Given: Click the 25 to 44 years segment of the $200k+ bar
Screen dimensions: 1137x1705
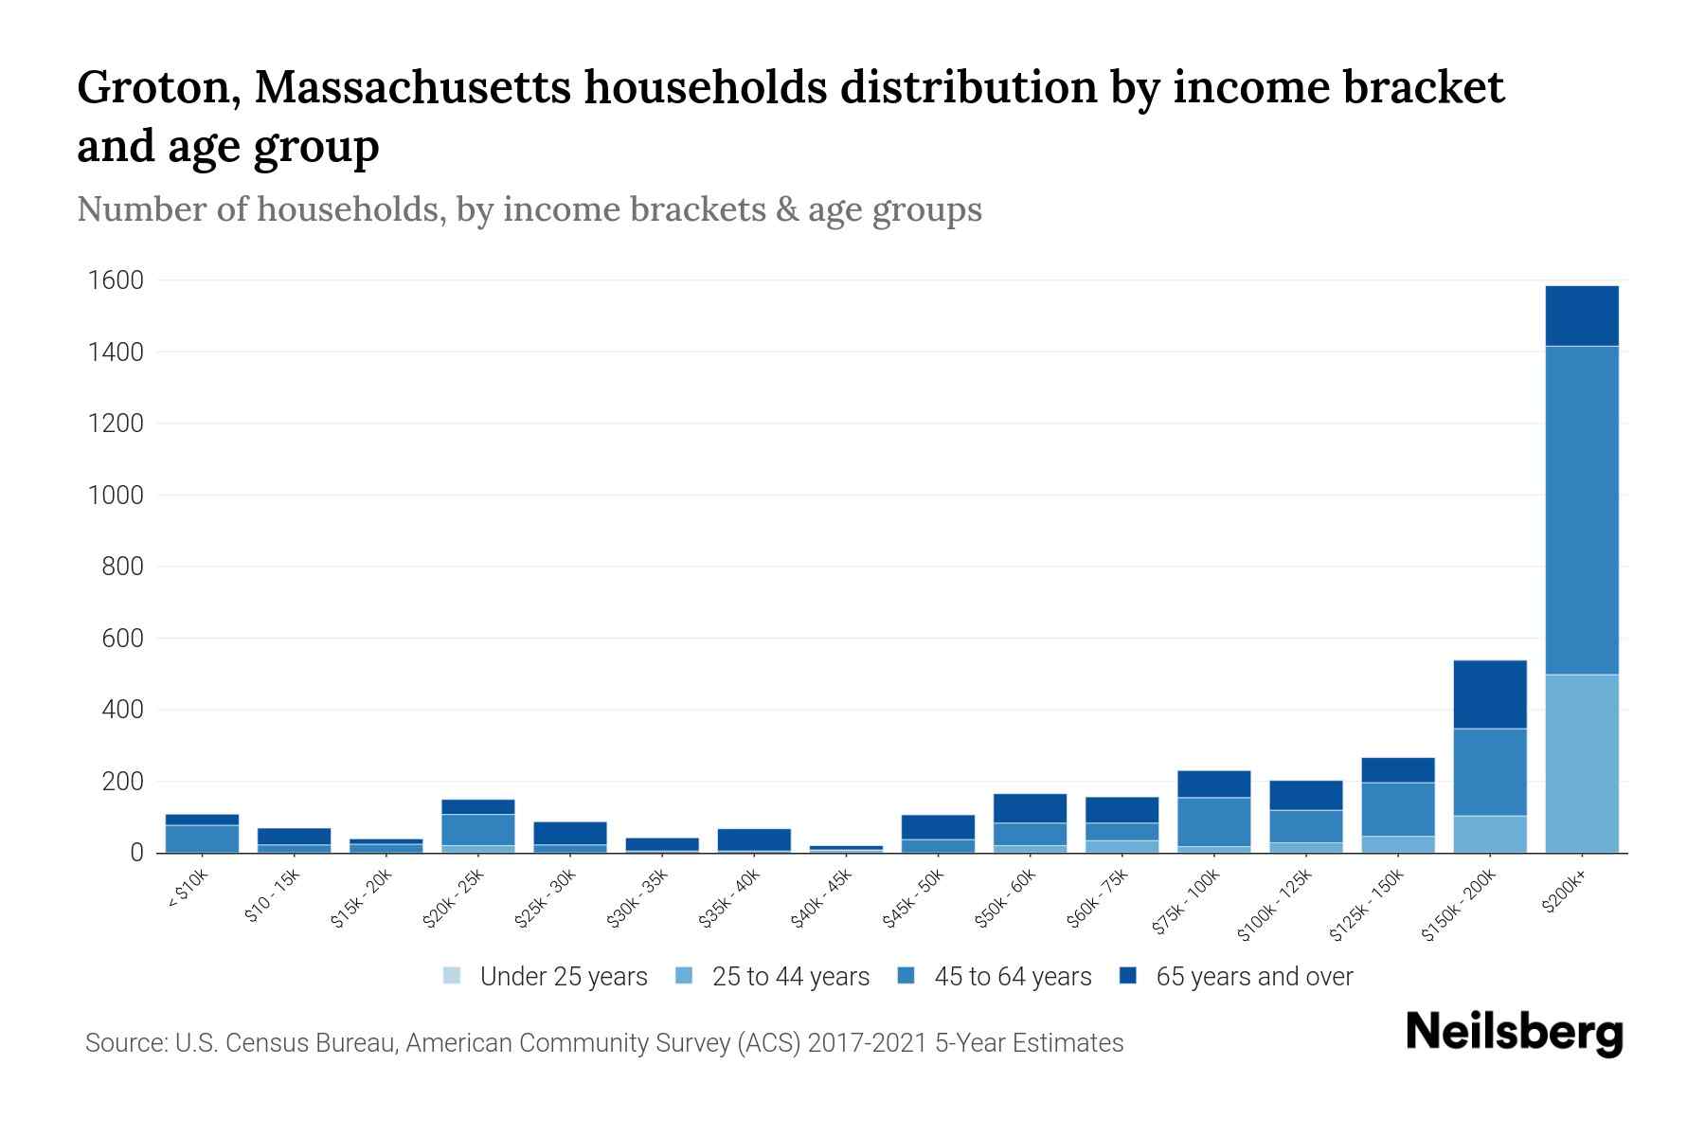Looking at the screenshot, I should pyautogui.click(x=1581, y=763).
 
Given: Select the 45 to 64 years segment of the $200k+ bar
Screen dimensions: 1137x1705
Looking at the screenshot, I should pyautogui.click(x=1581, y=510).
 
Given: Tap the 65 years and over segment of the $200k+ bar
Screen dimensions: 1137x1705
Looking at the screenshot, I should pyautogui.click(x=1581, y=316).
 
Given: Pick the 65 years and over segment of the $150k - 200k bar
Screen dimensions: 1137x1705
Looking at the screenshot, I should pyautogui.click(x=1489, y=694).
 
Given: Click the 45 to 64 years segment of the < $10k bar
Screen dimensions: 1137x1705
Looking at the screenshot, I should pyautogui.click(x=202, y=838).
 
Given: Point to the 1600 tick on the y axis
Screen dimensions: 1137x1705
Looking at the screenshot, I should pyautogui.click(x=116, y=280).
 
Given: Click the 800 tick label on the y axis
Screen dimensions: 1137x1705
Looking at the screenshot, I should pyautogui.click(x=122, y=567).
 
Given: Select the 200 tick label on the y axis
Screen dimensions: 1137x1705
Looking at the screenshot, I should pyautogui.click(x=122, y=782).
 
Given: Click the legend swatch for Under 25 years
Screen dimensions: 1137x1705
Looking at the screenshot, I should pyautogui.click(x=452, y=976).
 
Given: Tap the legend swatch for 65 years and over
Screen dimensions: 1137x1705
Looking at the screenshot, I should pyautogui.click(x=1127, y=976).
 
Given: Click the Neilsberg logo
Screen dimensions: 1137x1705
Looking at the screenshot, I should pyautogui.click(x=1514, y=1033).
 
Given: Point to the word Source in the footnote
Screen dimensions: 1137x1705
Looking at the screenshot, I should pyautogui.click(x=124, y=1043).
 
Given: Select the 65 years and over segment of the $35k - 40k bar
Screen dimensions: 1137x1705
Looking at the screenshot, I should pyautogui.click(x=753, y=839).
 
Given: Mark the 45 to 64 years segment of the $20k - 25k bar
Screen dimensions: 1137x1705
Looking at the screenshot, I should pyautogui.click(x=477, y=829).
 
